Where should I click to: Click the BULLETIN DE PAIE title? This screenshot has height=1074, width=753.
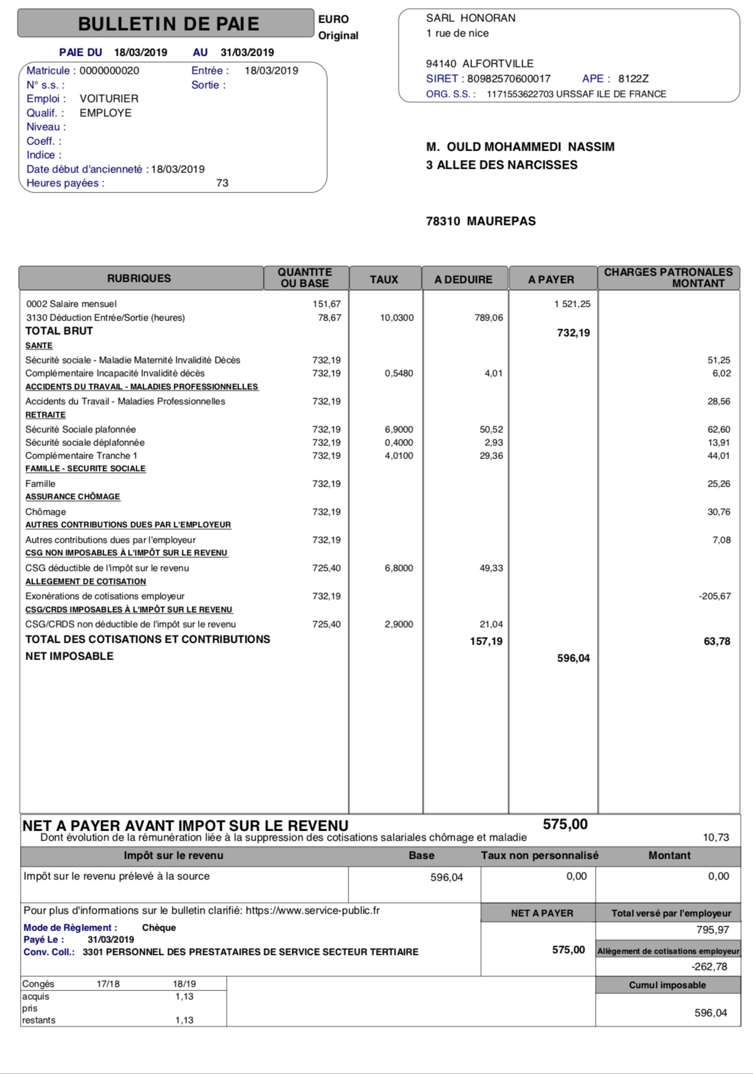[168, 24]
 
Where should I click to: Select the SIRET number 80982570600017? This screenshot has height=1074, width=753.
[509, 79]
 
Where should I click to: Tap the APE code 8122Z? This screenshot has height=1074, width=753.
[633, 79]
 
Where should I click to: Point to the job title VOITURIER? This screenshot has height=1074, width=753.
[109, 99]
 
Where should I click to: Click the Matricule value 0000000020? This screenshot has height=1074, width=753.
[109, 71]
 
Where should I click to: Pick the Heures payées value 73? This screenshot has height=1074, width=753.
[222, 183]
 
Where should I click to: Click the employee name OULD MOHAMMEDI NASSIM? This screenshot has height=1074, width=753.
[530, 147]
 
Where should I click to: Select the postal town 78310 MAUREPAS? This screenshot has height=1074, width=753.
[481, 221]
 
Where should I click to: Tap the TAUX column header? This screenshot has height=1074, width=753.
[384, 279]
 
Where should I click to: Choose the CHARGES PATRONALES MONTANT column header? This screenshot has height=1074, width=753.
[668, 277]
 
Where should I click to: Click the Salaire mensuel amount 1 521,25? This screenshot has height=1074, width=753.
[572, 304]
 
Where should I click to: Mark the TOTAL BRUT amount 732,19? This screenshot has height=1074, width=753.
[573, 333]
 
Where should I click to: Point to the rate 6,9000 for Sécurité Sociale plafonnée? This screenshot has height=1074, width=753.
[399, 430]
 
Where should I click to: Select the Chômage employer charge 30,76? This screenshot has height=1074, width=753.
[719, 512]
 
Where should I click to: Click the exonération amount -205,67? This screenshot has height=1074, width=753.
[715, 596]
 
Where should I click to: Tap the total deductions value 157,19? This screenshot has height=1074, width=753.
[486, 641]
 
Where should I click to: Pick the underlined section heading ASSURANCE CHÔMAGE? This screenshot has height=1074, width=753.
[72, 497]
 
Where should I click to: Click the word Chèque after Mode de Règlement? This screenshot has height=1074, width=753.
[159, 928]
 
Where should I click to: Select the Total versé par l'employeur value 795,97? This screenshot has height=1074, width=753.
[712, 930]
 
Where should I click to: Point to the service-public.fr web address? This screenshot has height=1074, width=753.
[312, 910]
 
